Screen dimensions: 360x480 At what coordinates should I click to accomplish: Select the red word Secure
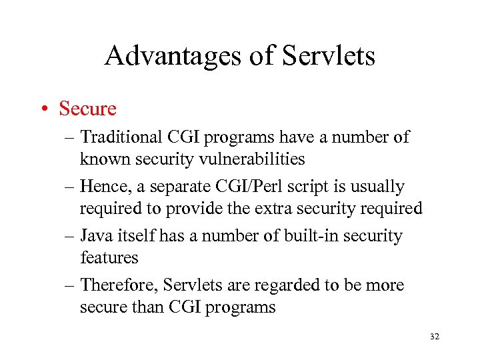[87, 108]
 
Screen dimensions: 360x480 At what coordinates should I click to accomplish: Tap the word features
[109, 257]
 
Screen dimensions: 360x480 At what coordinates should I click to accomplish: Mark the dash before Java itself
[69, 237]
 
